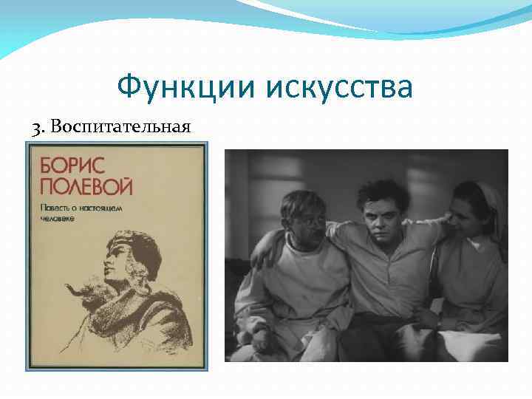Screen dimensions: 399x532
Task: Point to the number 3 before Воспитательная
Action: click(36, 127)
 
